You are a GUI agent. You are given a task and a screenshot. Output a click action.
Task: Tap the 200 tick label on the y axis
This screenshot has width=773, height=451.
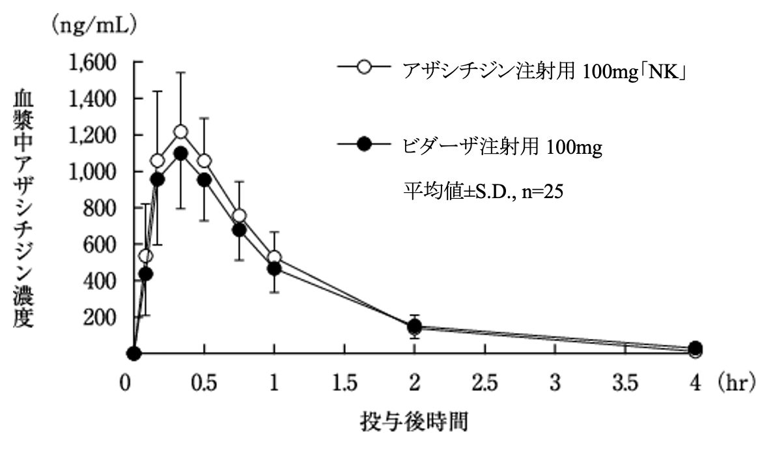104,317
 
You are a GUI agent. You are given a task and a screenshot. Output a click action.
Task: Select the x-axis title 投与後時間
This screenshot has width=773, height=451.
414,422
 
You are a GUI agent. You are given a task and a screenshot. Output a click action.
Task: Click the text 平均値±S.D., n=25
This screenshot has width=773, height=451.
482,192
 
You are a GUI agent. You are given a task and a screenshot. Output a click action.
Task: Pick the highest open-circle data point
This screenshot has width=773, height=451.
180,132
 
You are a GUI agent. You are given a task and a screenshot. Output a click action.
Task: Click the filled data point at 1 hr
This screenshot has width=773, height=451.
274,268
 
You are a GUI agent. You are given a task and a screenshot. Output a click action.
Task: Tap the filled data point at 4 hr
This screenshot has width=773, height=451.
696,348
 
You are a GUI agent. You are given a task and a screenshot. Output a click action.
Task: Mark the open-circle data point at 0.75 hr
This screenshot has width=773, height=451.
239,216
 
